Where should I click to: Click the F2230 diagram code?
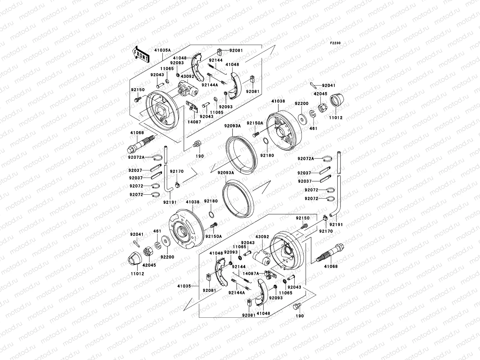[x=335, y=43]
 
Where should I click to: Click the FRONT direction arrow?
[x=141, y=54]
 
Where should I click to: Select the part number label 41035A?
[x=163, y=50]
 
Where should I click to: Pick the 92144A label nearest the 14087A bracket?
[x=236, y=292]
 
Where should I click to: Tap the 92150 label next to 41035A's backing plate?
[x=137, y=89]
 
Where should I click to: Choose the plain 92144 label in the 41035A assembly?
[x=216, y=60]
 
